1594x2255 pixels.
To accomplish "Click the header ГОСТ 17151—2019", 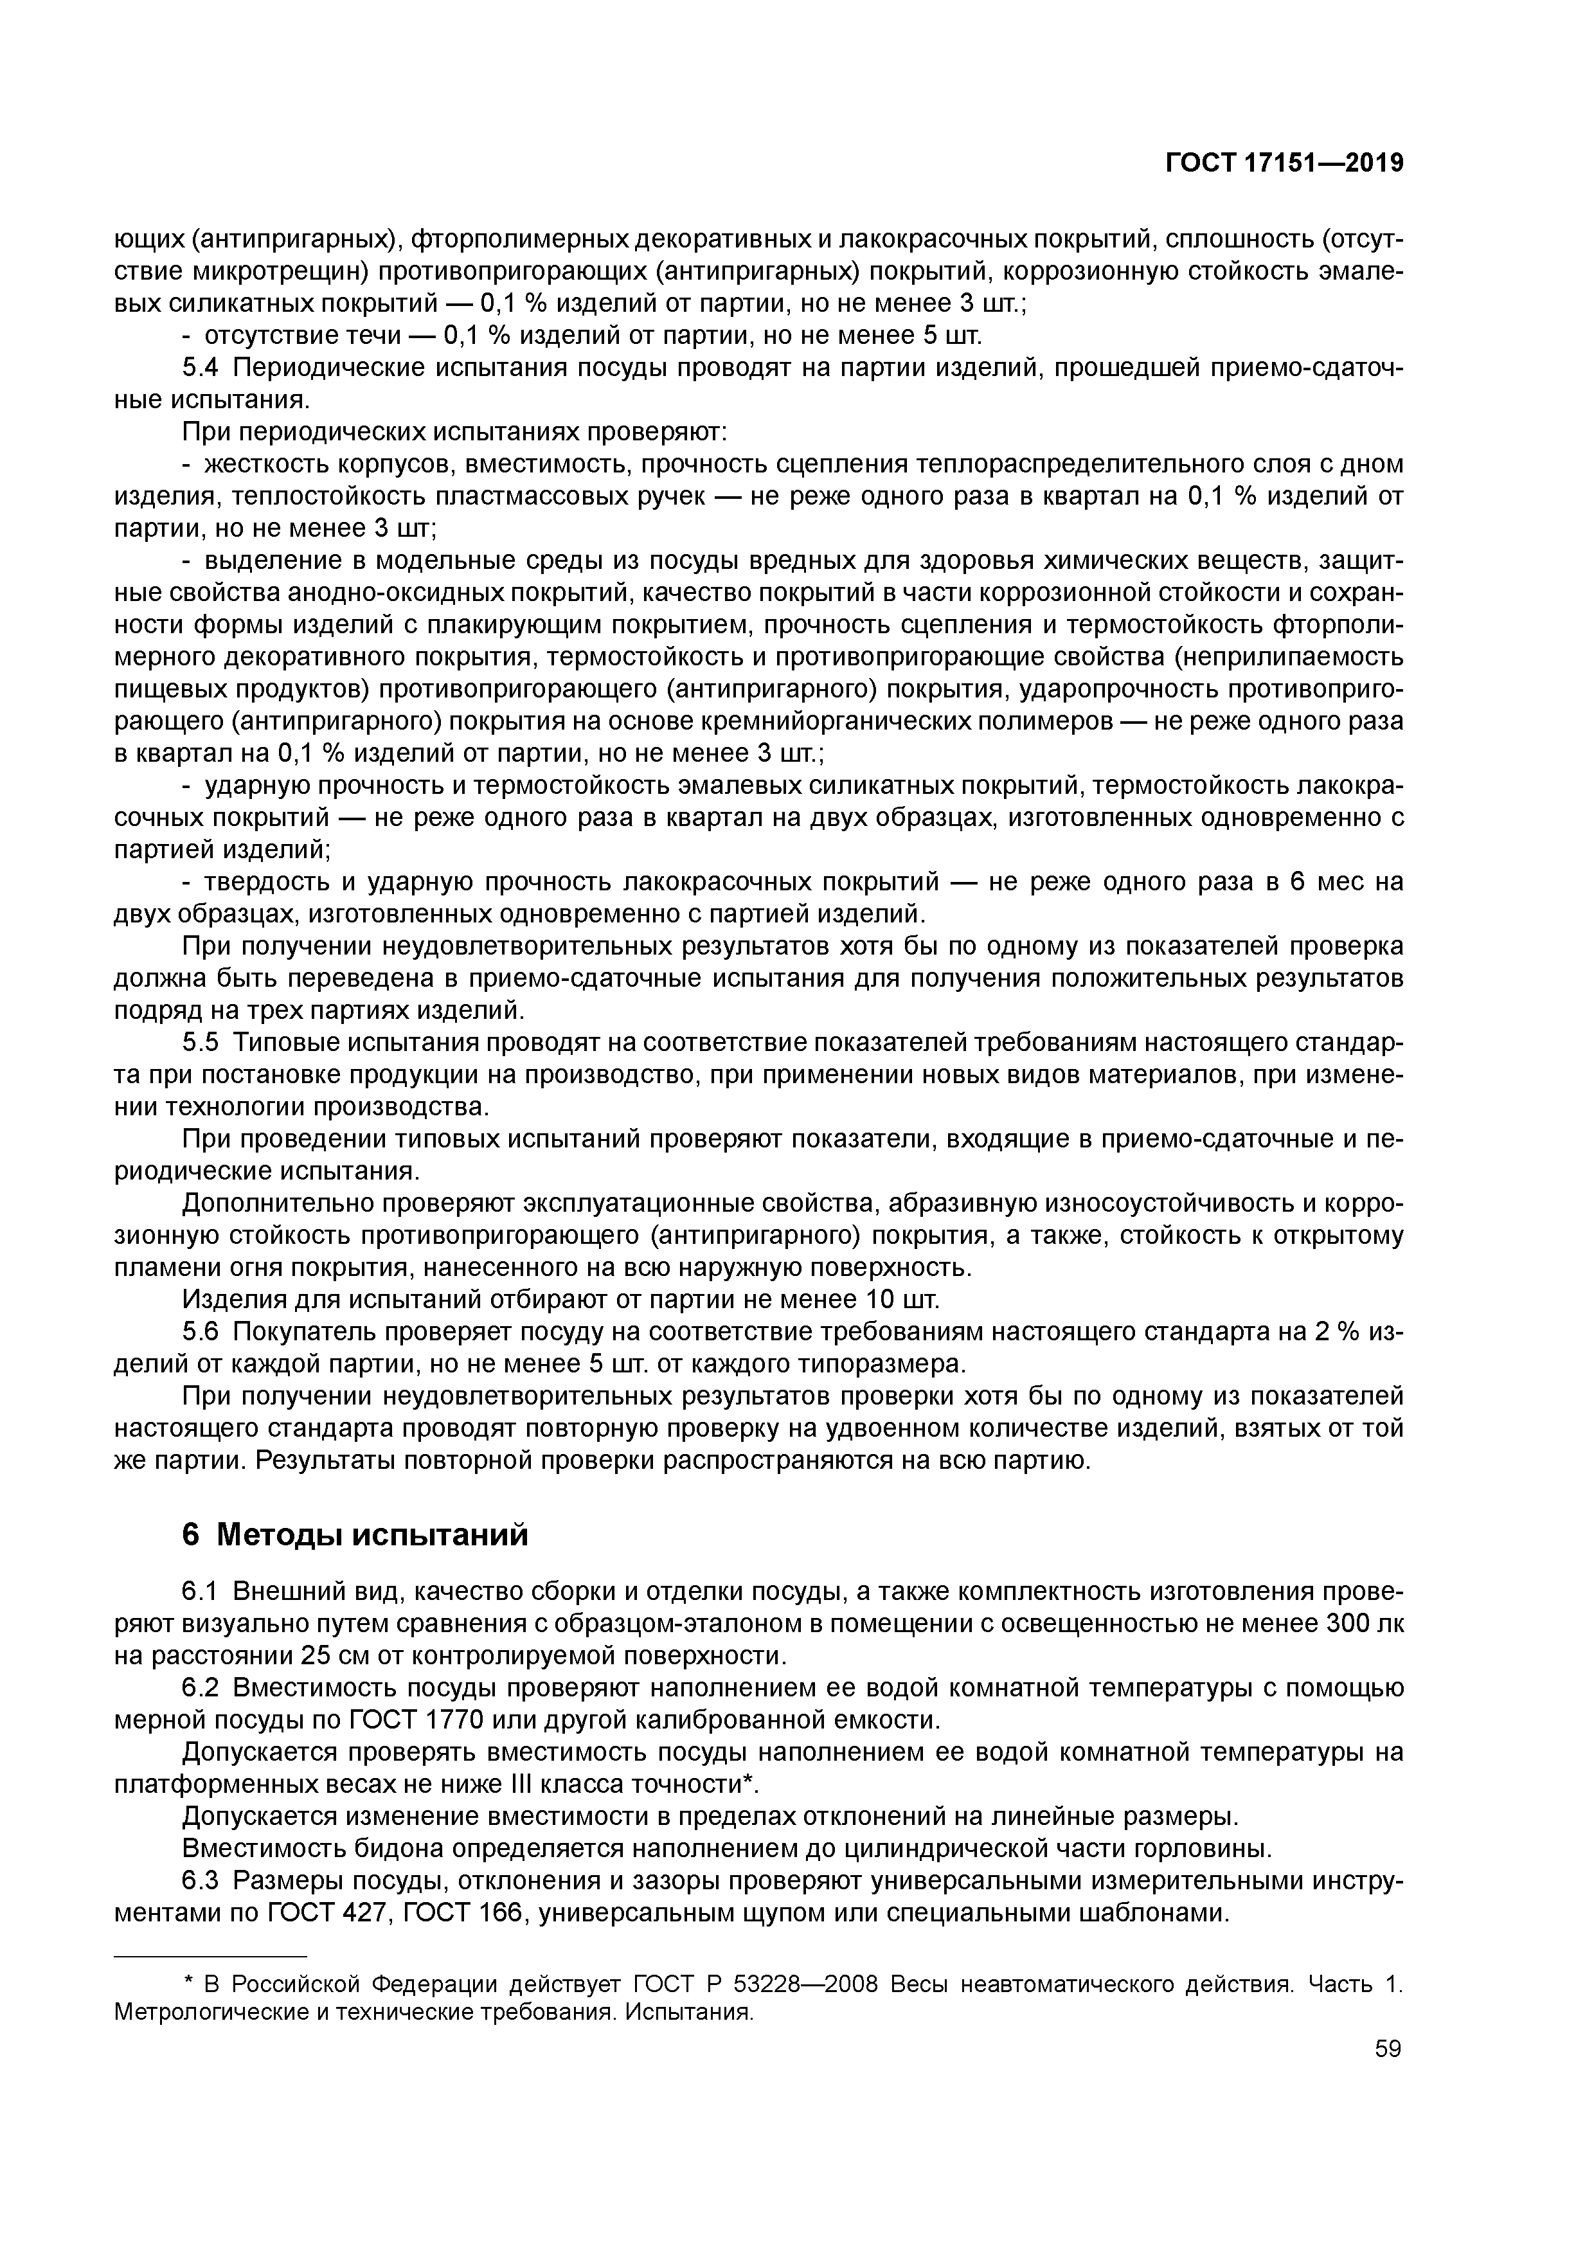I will coord(1284,163).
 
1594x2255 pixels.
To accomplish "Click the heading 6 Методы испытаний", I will coord(355,1534).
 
